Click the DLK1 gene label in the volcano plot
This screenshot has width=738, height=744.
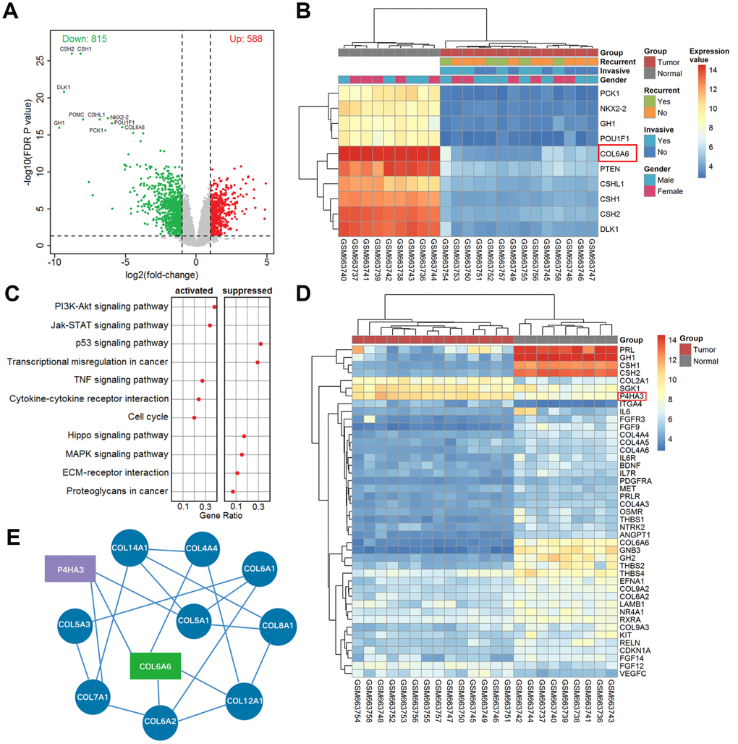64,87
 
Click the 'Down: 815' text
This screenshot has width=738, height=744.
85,38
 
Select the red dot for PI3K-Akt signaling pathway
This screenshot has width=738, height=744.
214,306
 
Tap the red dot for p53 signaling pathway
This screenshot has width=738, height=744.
260,343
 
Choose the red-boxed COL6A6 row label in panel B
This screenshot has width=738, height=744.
616,153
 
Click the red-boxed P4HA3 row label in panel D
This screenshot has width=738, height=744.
632,396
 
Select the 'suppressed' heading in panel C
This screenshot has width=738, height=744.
247,291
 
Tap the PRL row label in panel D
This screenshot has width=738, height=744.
627,349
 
